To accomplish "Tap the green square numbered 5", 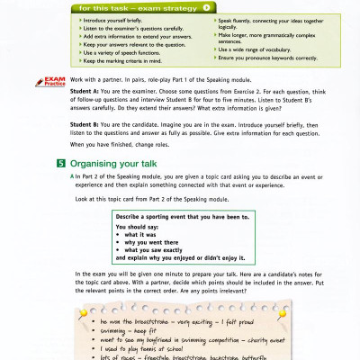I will [59, 164].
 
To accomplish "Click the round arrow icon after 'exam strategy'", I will [206, 7].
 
